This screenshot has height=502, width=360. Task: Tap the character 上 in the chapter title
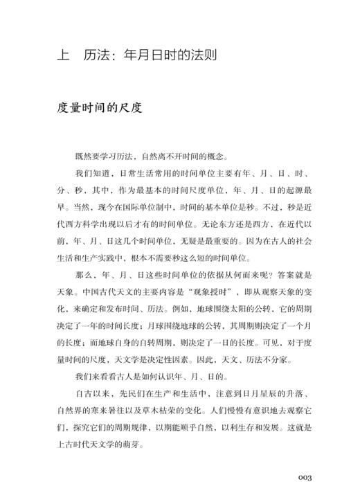click(62, 54)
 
